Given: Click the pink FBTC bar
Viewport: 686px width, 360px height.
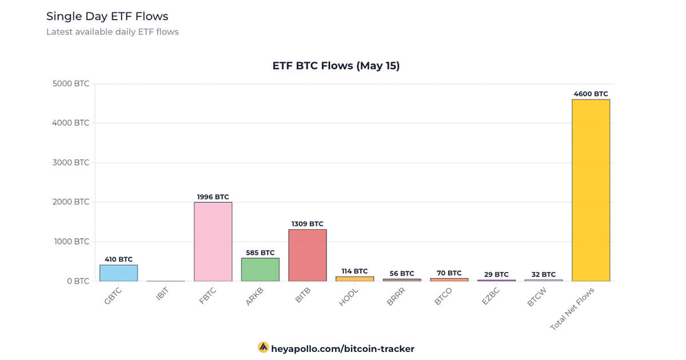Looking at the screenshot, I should (x=213, y=242).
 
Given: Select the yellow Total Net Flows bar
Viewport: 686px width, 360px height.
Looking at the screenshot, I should (x=591, y=190).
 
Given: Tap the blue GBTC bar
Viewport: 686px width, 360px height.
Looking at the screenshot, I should (x=118, y=273).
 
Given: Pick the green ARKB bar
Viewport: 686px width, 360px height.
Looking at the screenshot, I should (x=260, y=270).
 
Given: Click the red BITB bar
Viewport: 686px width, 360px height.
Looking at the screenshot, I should (x=308, y=255).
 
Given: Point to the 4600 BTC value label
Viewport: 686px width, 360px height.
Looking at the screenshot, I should (x=591, y=94).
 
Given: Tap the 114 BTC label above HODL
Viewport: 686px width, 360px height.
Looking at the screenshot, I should (x=354, y=271).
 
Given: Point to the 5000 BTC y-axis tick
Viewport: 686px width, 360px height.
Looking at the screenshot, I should (x=71, y=83).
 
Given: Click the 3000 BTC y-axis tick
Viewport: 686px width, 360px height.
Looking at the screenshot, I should (x=71, y=162).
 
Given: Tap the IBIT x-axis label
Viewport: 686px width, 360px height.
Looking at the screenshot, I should (x=162, y=296).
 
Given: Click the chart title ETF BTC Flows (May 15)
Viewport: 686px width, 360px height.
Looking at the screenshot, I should (x=336, y=66).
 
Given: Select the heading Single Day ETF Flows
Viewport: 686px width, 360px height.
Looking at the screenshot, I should (x=107, y=16).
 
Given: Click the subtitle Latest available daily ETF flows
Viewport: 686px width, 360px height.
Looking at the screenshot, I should (x=113, y=32).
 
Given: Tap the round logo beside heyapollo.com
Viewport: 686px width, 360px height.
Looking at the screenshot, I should (x=264, y=347).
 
